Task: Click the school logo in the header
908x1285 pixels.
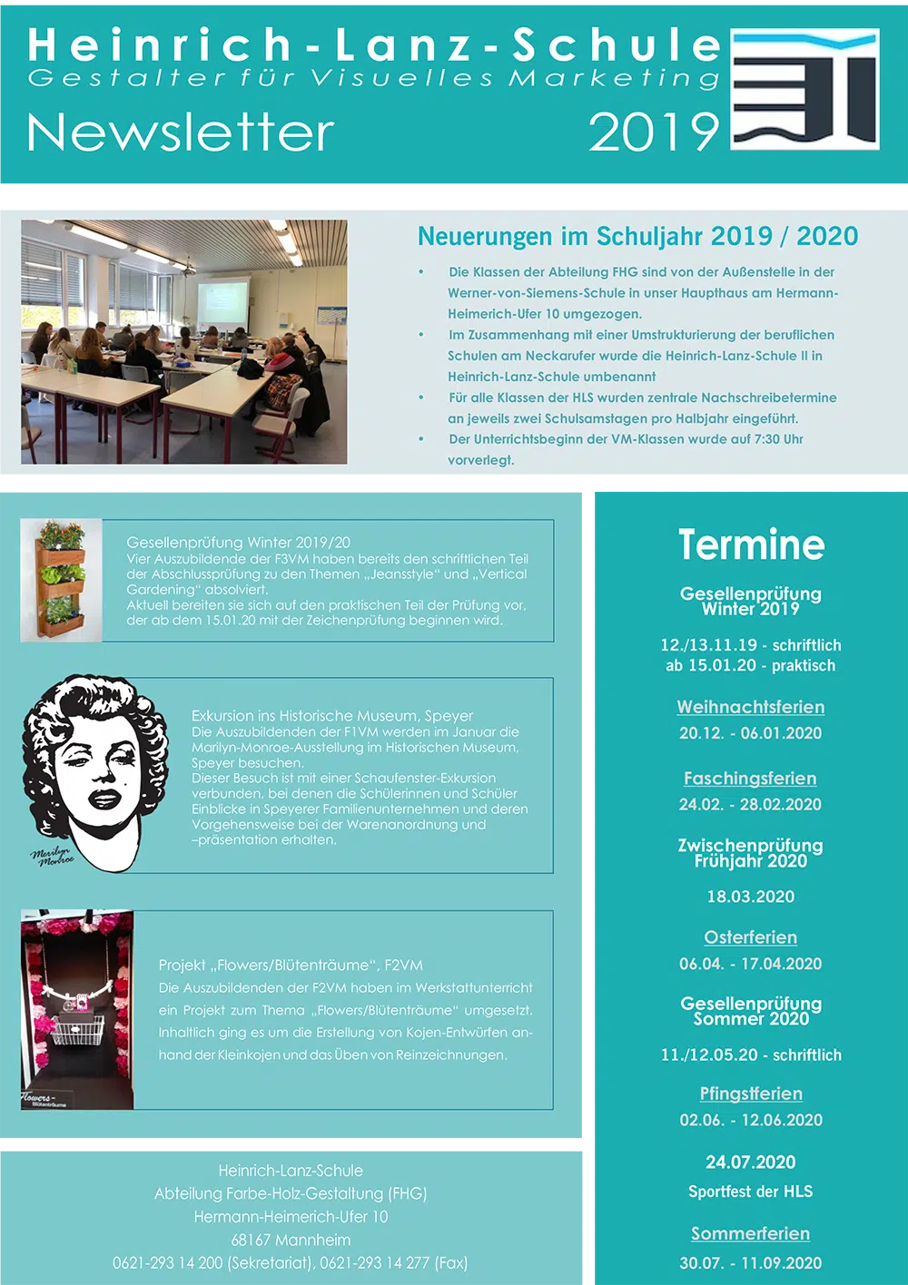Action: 804,89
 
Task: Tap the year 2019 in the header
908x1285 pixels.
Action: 654,133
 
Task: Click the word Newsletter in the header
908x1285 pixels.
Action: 181,133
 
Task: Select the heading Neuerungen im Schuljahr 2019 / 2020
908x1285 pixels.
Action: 637,236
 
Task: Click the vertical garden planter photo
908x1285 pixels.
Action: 61,581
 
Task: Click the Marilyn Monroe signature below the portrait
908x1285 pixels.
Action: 53,856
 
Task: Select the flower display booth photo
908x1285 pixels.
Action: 77,1009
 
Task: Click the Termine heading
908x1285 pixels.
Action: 751,544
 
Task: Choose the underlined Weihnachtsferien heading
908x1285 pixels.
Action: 751,707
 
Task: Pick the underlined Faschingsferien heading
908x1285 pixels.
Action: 750,779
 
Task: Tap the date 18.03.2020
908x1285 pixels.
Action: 751,897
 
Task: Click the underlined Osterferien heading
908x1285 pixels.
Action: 751,937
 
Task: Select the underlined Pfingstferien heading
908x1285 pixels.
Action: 751,1094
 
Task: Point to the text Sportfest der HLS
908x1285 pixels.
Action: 751,1192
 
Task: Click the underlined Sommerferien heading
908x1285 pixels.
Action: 751,1233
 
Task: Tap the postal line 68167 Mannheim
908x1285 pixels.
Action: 291,1240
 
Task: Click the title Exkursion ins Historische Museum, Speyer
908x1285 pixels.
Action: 332,716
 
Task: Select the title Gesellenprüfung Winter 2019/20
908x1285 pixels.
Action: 238,543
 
